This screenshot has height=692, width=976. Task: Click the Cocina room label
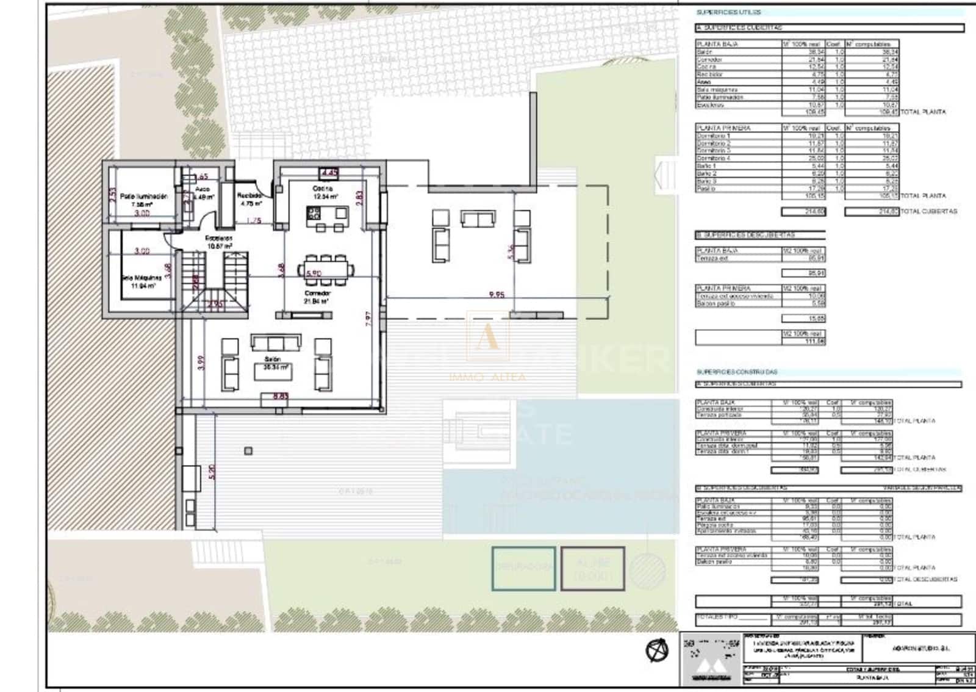323,189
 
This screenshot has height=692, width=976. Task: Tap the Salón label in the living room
273,359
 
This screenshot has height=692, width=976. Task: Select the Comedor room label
317,294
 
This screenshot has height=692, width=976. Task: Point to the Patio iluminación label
143,196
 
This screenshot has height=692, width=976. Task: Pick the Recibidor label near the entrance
249,196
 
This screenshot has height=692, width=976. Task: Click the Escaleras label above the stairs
218,238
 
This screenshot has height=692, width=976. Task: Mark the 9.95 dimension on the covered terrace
497,295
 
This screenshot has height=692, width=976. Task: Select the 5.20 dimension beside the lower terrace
212,472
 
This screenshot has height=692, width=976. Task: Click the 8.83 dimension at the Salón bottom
281,397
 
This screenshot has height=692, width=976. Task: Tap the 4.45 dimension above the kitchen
329,173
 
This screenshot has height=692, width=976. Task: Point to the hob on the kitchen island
314,213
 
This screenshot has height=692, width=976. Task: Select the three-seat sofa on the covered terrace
478,218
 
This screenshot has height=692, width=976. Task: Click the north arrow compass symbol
657,651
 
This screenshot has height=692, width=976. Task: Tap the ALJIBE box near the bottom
592,568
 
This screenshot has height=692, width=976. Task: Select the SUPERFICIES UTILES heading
728,12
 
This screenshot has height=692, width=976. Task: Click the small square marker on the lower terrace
248,451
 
